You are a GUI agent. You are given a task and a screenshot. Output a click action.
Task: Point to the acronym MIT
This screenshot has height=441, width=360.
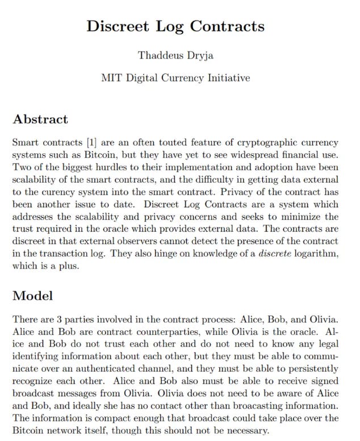[112, 78]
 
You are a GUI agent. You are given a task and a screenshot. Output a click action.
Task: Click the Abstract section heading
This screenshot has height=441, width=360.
[40, 119]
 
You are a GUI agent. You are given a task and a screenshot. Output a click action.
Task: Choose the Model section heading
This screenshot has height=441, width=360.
[33, 296]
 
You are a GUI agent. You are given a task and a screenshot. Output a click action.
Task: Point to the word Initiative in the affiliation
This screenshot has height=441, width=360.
[228, 78]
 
